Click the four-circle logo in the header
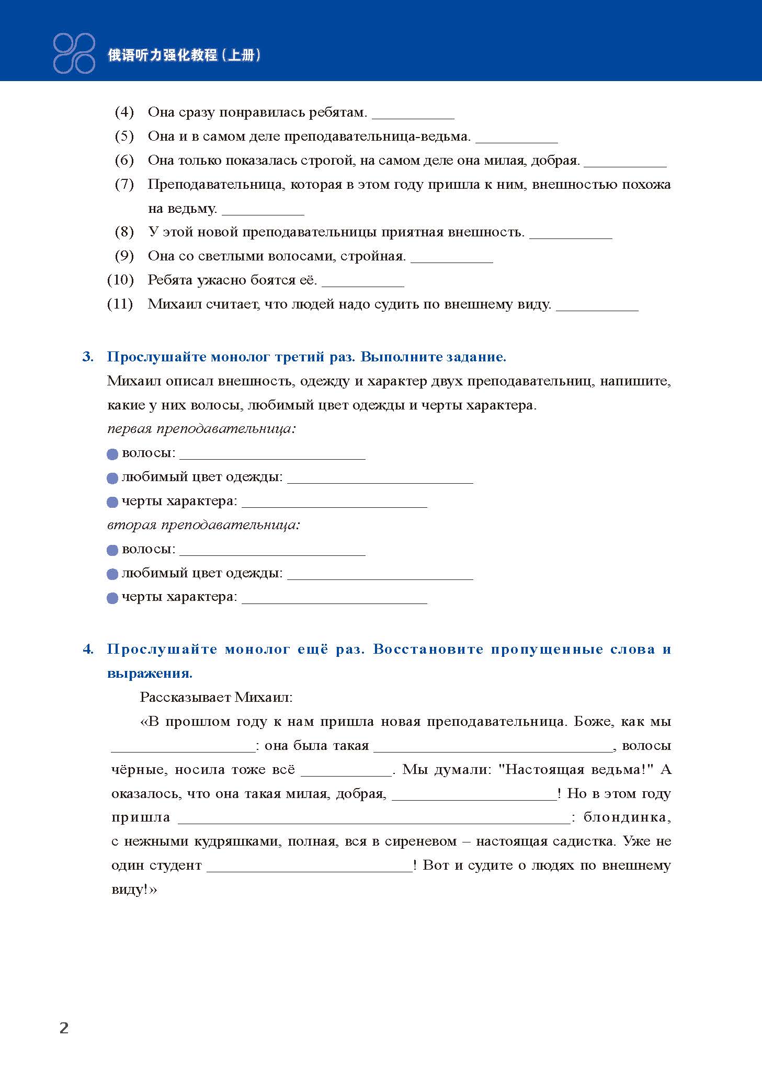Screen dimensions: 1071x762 click(x=74, y=53)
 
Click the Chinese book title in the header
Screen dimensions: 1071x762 click(x=184, y=55)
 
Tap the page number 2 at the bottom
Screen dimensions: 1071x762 click(x=64, y=1028)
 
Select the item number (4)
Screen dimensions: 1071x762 click(x=124, y=112)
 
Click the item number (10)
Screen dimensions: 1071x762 click(x=120, y=280)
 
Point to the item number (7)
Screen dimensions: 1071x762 click(x=124, y=184)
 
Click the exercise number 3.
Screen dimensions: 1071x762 click(x=88, y=357)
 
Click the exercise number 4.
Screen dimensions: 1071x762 click(x=88, y=650)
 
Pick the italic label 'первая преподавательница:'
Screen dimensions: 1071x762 click(x=201, y=429)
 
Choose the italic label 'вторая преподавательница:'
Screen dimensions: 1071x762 click(x=203, y=525)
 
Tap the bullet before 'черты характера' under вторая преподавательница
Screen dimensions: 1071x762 click(x=112, y=598)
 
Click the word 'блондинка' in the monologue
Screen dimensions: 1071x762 click(x=627, y=817)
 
